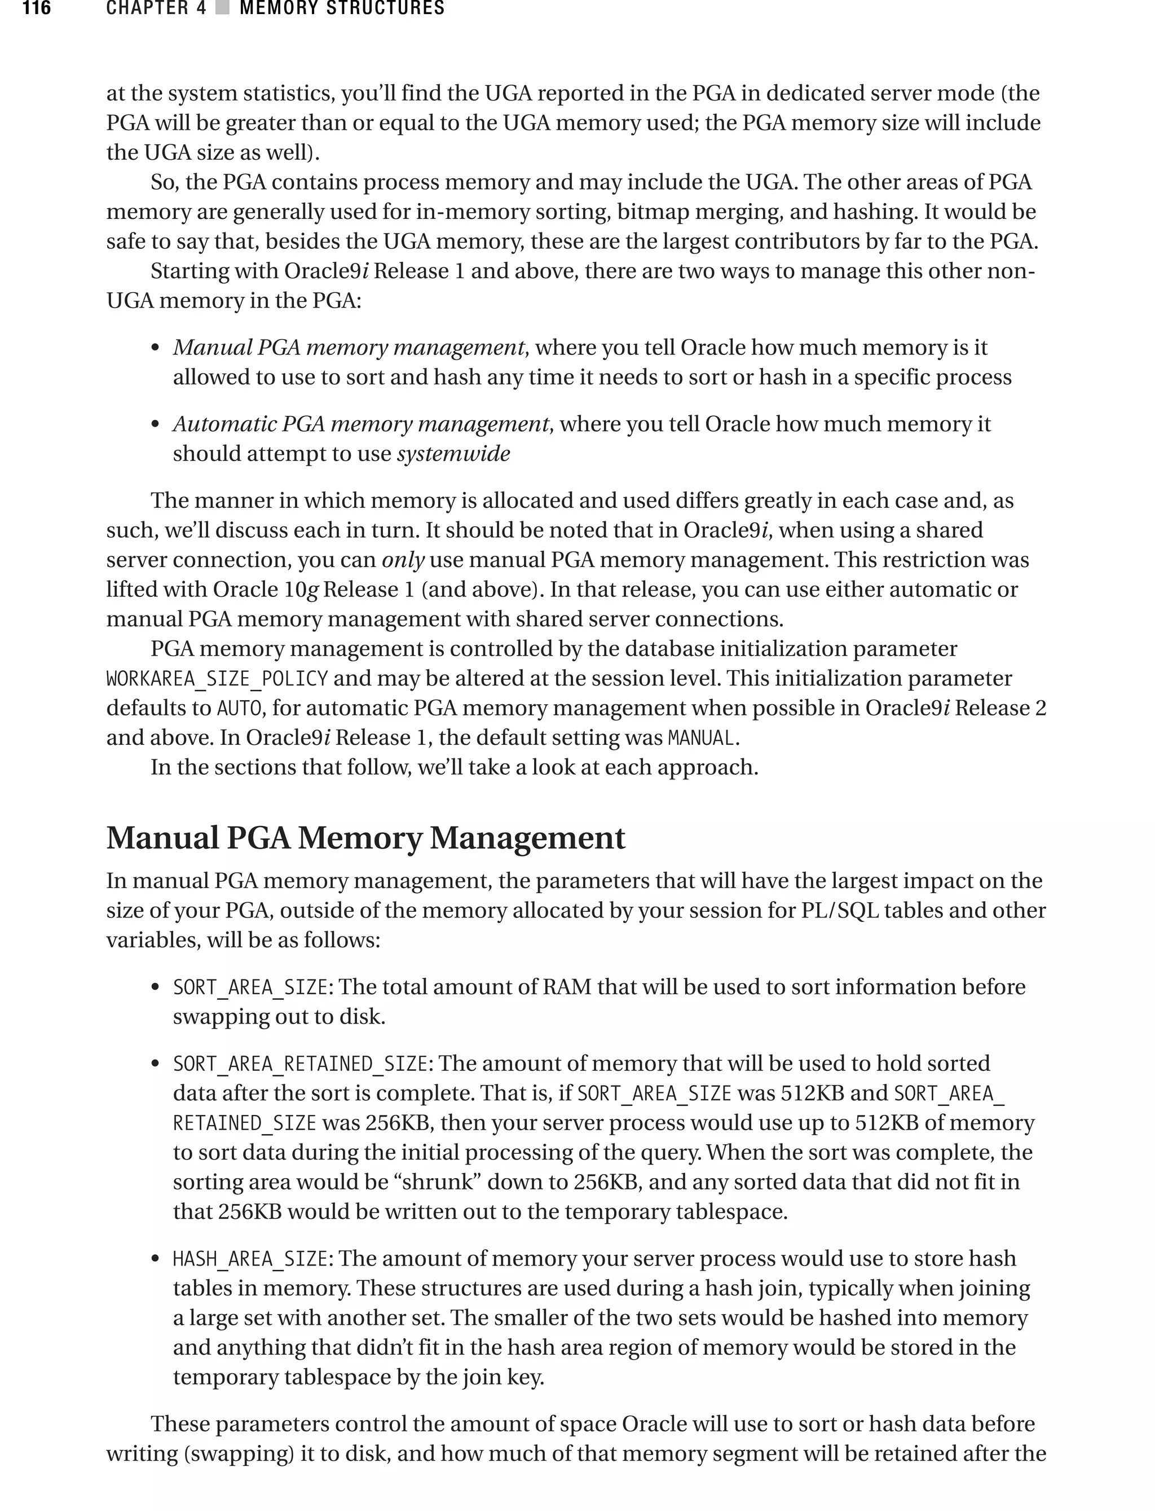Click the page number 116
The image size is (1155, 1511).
37,8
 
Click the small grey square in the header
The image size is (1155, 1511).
222,8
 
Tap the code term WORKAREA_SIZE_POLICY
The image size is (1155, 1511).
217,679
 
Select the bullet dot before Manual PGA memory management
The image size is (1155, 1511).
156,348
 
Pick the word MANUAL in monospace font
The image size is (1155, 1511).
701,738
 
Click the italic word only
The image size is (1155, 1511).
403,560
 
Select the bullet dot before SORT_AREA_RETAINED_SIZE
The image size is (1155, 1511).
156,1065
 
